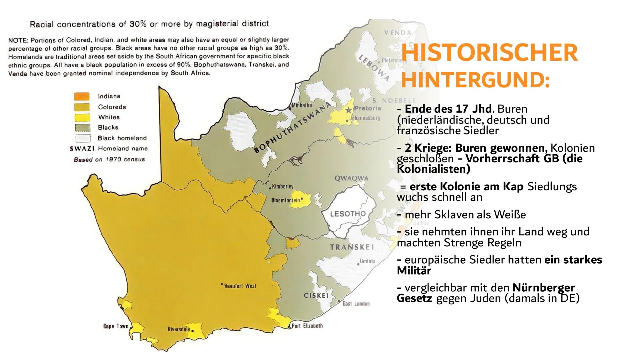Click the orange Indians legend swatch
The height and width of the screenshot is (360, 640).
pyautogui.click(x=82, y=96)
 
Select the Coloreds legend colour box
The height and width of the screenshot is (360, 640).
pyautogui.click(x=82, y=107)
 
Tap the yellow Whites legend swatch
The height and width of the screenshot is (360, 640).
pyautogui.click(x=82, y=117)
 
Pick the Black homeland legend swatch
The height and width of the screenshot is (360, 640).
pyautogui.click(x=82, y=138)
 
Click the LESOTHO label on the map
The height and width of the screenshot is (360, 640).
pyautogui.click(x=348, y=214)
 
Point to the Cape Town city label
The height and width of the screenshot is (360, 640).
pyautogui.click(x=116, y=326)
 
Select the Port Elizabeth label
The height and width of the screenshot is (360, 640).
pyautogui.click(x=307, y=326)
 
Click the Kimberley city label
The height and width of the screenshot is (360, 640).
pyautogui.click(x=282, y=187)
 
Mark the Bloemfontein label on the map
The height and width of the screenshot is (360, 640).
pyautogui.click(x=286, y=200)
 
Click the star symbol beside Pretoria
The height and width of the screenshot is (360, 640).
pyautogui.click(x=349, y=110)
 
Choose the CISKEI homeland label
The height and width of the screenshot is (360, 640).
pyautogui.click(x=316, y=296)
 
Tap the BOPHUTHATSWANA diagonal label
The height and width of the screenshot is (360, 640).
pyautogui.click(x=292, y=128)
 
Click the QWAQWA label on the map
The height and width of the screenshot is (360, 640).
pyautogui.click(x=351, y=178)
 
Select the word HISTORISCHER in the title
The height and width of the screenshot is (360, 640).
pyautogui.click(x=489, y=53)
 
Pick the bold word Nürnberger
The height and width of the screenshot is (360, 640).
pyautogui.click(x=544, y=287)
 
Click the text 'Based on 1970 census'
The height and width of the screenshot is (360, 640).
pyautogui.click(x=109, y=159)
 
